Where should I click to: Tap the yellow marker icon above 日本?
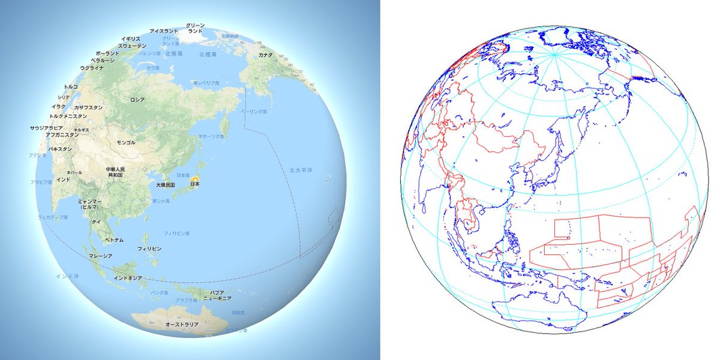pyautogui.click(x=195, y=178)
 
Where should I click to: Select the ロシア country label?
pyautogui.click(x=137, y=100)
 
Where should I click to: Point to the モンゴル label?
pyautogui.click(x=126, y=143)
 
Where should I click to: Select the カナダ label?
pyautogui.click(x=265, y=55)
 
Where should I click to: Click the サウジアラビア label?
pyautogui.click(x=46, y=128)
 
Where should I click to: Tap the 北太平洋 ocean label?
pyautogui.click(x=300, y=170)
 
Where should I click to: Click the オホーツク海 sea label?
pyautogui.click(x=211, y=137)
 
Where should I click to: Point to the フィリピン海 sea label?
pyautogui.click(x=177, y=232)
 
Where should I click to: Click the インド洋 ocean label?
pyautogui.click(x=67, y=276)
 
